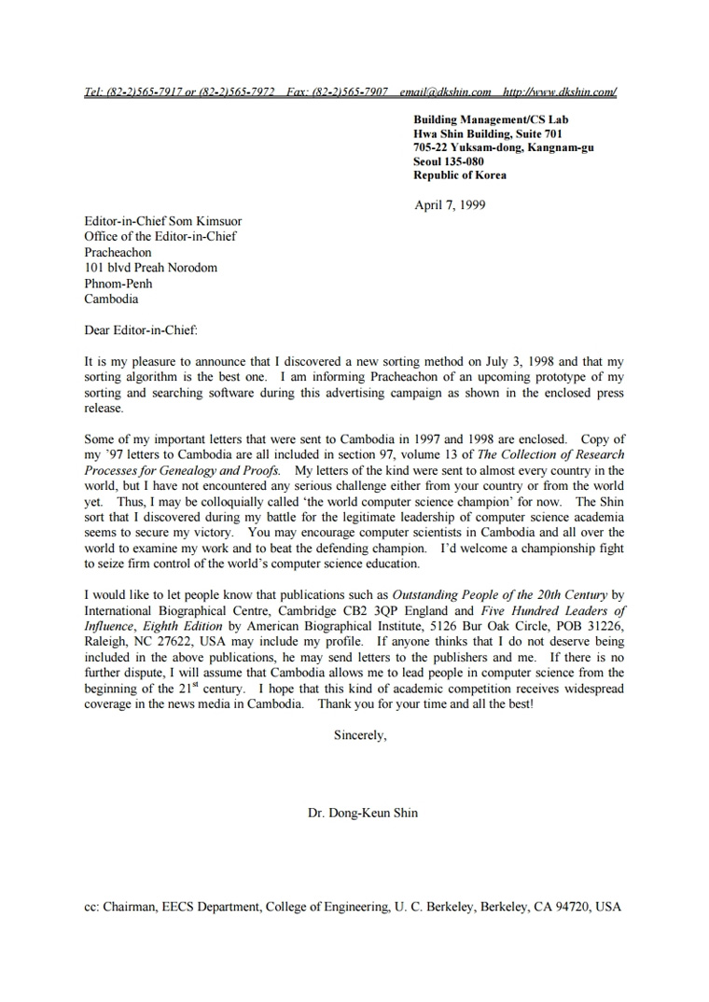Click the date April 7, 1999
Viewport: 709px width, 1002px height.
click(450, 205)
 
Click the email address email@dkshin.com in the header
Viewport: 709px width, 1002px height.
click(445, 92)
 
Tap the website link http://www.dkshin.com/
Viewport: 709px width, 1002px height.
click(560, 92)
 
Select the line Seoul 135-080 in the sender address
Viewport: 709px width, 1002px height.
click(449, 161)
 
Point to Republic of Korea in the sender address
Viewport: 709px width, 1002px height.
click(460, 175)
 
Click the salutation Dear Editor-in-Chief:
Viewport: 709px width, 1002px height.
click(141, 329)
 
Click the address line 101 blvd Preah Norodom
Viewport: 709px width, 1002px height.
click(150, 268)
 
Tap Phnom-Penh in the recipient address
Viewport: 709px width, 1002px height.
click(118, 284)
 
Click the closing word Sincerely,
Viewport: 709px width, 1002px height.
click(360, 735)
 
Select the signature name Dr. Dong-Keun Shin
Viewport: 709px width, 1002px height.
click(363, 813)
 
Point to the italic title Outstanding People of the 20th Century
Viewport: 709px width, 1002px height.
click(499, 594)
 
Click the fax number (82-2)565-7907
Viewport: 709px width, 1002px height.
click(350, 92)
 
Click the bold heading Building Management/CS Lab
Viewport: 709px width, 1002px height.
click(491, 119)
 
